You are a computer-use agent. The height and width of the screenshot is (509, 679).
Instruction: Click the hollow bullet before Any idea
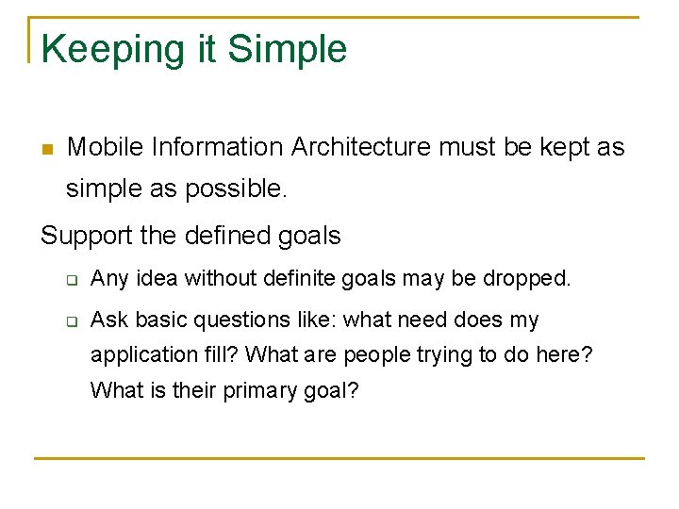pyautogui.click(x=71, y=280)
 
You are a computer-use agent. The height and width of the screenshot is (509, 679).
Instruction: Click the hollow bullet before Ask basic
pyautogui.click(x=71, y=320)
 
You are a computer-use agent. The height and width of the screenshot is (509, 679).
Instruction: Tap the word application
pyautogui.click(x=139, y=355)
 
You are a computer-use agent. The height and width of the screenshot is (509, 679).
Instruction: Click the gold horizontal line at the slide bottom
pyautogui.click(x=339, y=459)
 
